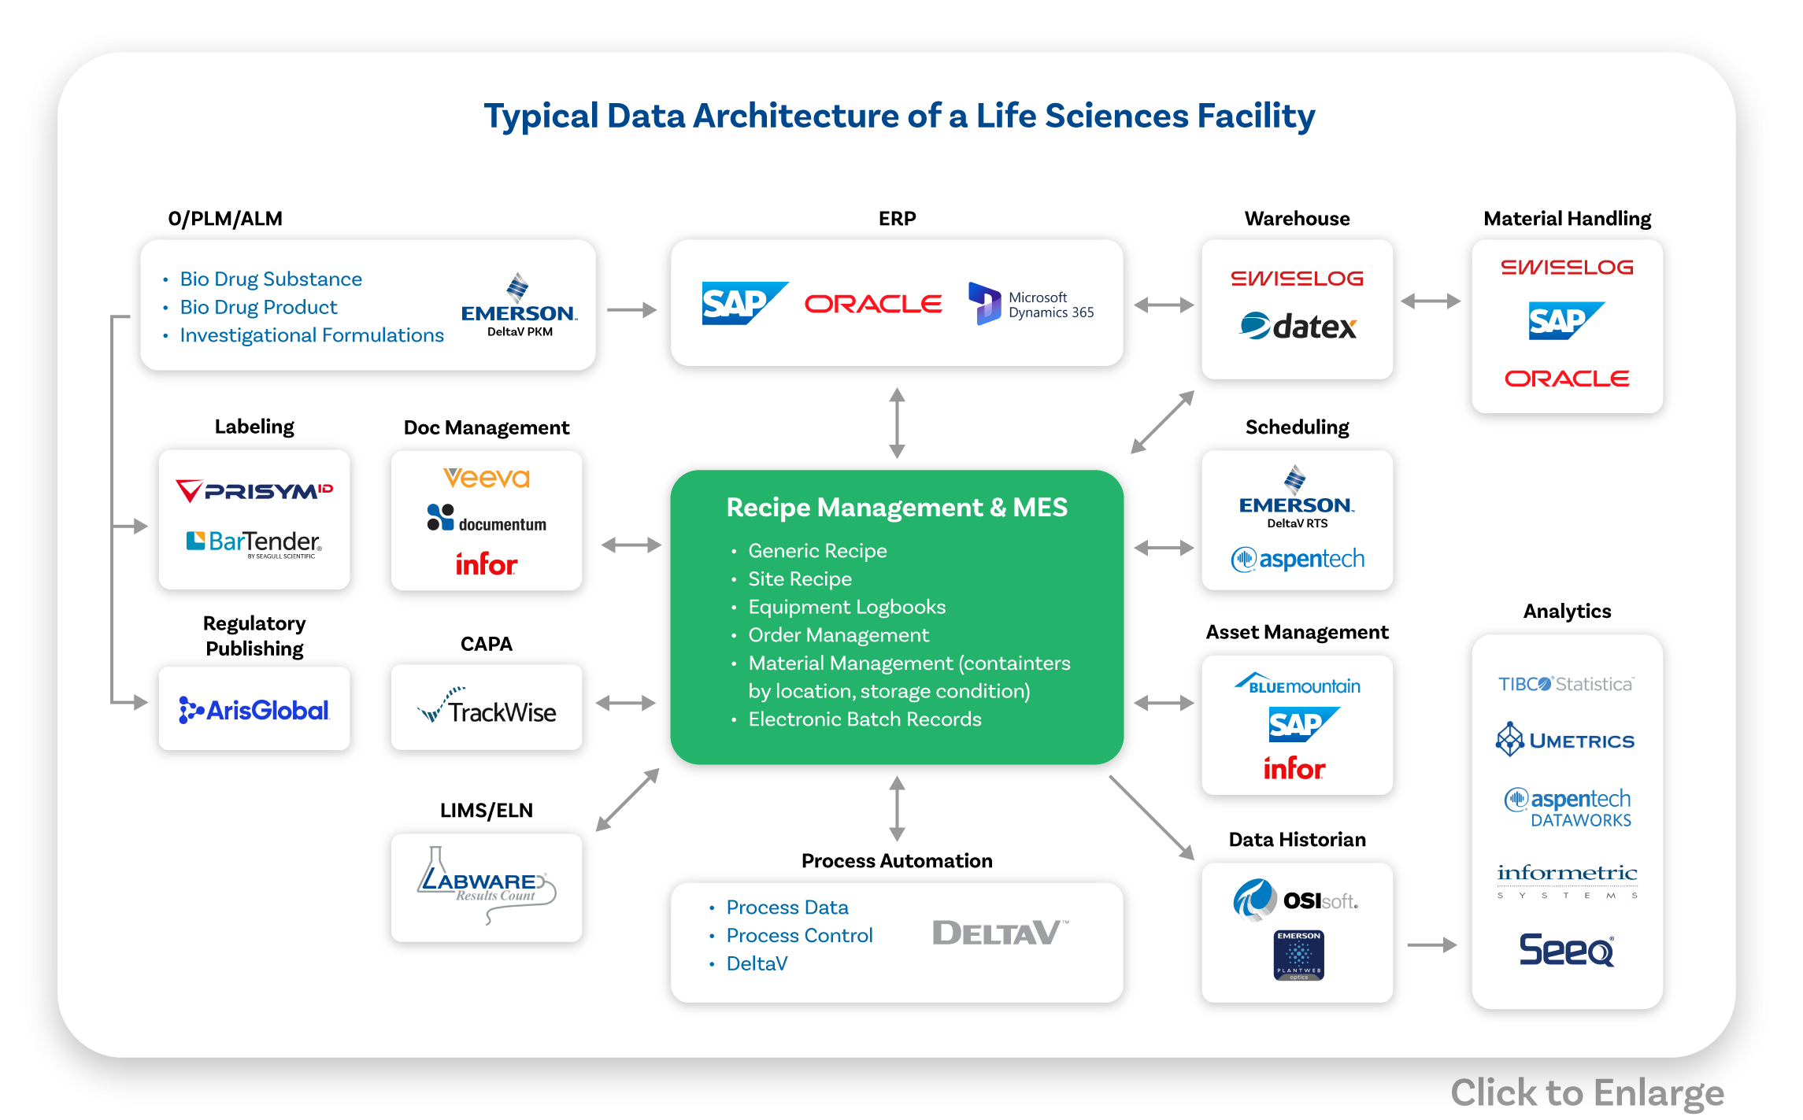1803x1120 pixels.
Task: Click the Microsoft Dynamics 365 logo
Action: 1031,304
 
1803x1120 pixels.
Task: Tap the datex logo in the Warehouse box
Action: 1298,326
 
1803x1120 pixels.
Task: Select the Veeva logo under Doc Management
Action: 487,478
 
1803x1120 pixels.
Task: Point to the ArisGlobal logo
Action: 254,710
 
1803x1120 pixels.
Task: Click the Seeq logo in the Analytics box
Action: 1567,949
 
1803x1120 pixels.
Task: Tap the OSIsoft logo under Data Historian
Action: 1296,900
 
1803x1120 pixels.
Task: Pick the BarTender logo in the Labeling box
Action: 254,543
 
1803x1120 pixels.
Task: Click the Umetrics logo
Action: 1565,740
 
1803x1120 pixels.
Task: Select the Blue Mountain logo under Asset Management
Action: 1298,684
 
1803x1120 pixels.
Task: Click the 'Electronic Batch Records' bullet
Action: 864,719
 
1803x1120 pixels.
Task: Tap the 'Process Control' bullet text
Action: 799,935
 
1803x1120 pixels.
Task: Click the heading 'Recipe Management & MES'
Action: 897,508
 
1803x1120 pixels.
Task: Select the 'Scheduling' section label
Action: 1297,427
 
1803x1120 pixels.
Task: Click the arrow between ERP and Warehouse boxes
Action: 1164,305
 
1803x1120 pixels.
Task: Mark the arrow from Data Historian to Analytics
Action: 1431,944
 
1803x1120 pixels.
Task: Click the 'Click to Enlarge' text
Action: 1587,1093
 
